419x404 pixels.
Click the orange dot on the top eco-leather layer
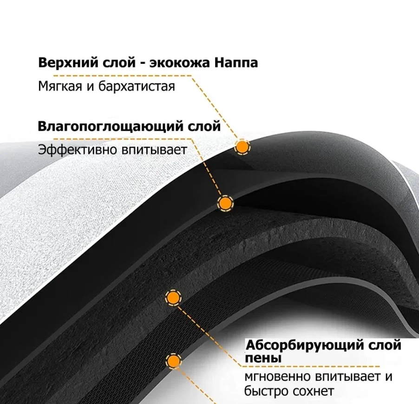point(242,147)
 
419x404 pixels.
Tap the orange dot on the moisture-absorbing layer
point(225,203)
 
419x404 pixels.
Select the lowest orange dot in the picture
point(174,361)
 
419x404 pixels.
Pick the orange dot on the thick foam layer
point(173,298)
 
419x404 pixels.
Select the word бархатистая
point(137,87)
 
